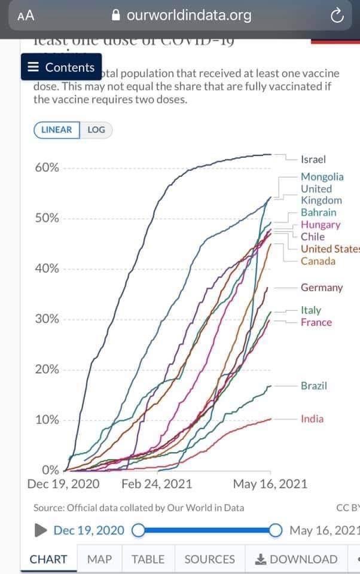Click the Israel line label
[x=313, y=160]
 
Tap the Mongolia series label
[x=322, y=176]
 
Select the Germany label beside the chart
[x=322, y=288]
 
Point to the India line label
[x=312, y=419]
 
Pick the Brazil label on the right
[x=314, y=386]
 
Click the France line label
[x=316, y=322]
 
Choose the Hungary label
[x=321, y=225]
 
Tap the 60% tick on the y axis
[x=47, y=167]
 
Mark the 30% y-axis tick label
[x=47, y=319]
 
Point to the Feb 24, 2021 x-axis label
[x=157, y=484]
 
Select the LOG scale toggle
[x=96, y=130]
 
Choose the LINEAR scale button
[x=57, y=130]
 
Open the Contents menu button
[x=62, y=67]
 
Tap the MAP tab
[x=99, y=559]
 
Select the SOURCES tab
[x=209, y=559]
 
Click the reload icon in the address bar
[x=337, y=16]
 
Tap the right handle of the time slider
[x=276, y=530]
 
